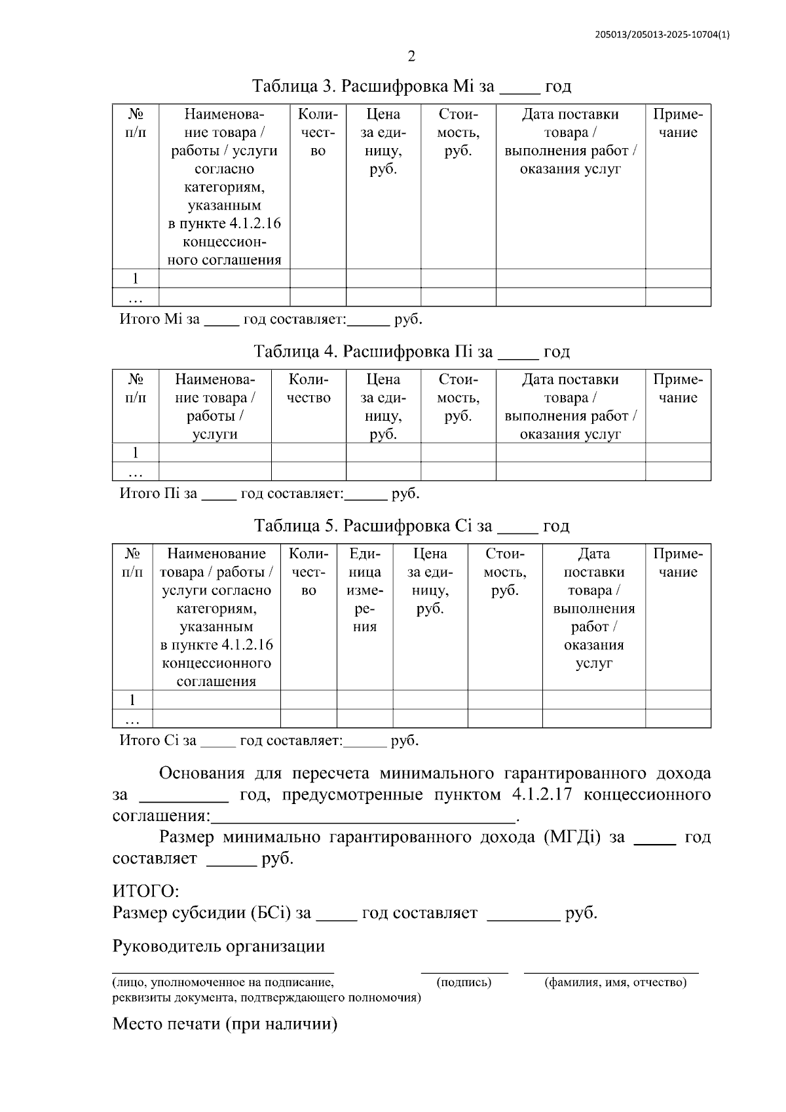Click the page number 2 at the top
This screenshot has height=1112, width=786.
pos(411,56)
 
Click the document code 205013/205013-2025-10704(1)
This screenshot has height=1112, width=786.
pos(662,35)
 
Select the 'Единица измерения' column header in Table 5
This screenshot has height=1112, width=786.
pos(365,590)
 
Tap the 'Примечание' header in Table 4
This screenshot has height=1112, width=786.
pos(678,389)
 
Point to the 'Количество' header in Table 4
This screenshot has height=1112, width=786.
pos(309,389)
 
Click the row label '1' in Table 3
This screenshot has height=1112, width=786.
pos(136,278)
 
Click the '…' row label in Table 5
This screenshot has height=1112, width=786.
pos(132,719)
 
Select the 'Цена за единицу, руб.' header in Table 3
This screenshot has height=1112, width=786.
pos(383,142)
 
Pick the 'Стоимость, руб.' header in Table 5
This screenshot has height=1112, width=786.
pos(505,572)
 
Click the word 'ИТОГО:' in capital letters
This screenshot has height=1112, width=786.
pos(145,891)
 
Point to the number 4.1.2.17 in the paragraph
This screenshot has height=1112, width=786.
pos(540,795)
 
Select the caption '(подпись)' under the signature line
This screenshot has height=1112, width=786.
pos(464,982)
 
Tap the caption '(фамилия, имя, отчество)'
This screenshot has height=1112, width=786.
pos(615,982)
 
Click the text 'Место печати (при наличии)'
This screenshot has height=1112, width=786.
pos(225,1024)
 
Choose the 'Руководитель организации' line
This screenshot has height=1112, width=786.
pos(219,946)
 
